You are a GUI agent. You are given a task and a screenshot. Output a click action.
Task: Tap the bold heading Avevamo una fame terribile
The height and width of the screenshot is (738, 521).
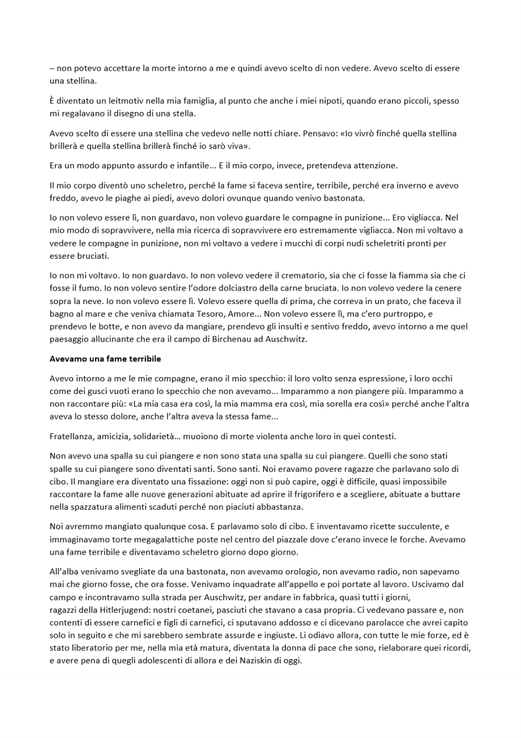coord(105,359)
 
